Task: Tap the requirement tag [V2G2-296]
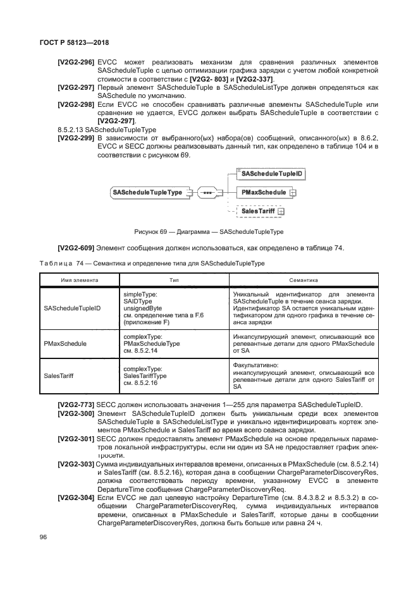[77, 62]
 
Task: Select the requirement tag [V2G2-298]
[77, 103]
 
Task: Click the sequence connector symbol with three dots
[206, 192]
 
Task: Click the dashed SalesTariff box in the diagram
[260, 211]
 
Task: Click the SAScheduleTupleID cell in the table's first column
[72, 308]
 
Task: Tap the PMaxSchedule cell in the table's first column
[65, 344]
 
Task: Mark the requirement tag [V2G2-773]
[77, 404]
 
